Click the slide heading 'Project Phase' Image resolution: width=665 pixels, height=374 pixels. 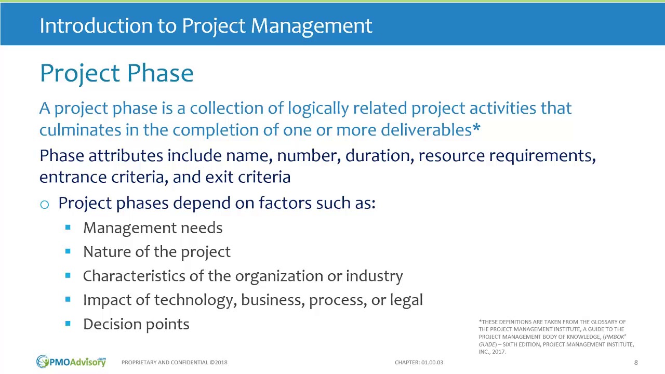coord(116,73)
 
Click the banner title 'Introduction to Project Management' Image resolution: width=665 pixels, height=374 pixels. coord(206,25)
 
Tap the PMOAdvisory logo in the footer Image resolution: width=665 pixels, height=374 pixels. coord(71,362)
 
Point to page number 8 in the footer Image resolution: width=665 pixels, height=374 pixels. coord(636,362)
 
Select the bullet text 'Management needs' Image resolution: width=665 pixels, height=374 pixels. coord(153,228)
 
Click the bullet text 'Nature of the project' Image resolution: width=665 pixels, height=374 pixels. coord(156,252)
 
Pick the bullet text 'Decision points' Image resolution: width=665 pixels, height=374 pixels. coord(136,324)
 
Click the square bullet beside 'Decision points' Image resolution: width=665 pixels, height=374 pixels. coord(68,323)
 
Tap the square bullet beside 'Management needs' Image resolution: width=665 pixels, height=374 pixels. coord(68,227)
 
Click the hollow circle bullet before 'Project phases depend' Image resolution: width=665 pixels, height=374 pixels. coord(45,204)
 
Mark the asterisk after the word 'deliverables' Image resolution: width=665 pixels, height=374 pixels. coord(476,128)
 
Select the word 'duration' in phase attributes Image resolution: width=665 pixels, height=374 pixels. coord(377,156)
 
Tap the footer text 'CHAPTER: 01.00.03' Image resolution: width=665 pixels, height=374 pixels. coord(419,362)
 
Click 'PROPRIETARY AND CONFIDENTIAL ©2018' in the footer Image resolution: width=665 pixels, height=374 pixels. coord(174,362)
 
